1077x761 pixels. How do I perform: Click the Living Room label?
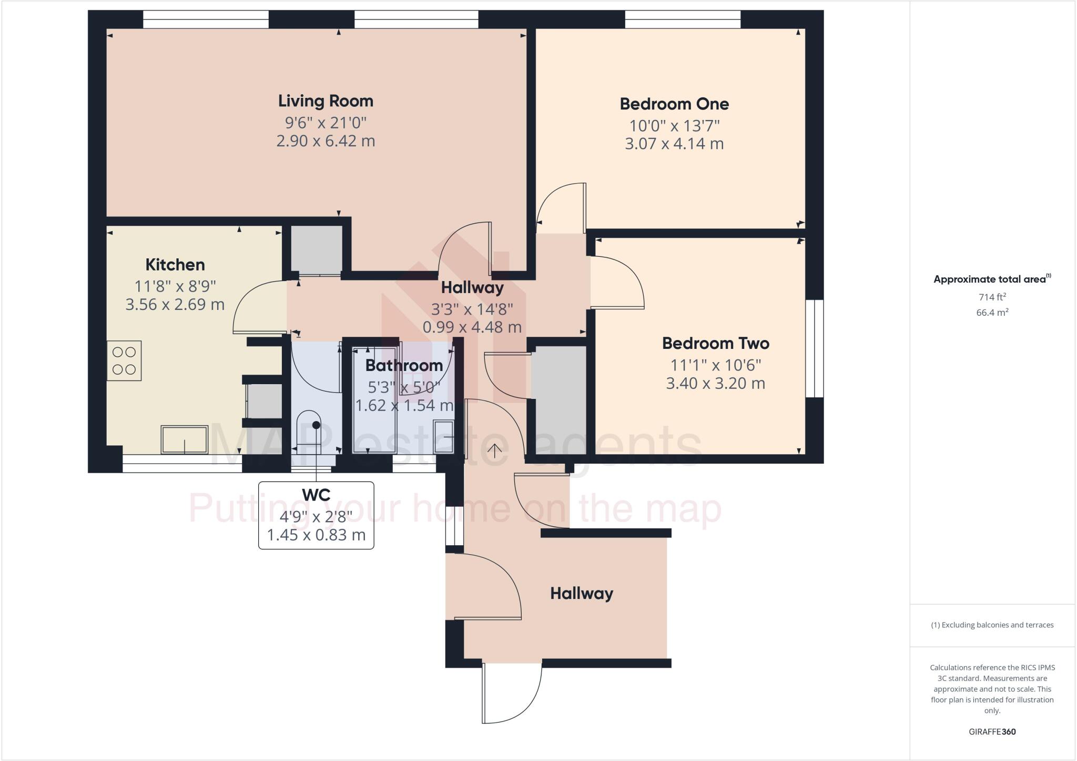coord(326,101)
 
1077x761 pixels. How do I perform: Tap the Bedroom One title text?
coord(674,104)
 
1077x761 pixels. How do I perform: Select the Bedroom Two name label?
coord(715,344)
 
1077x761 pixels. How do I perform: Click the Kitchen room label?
coord(175,265)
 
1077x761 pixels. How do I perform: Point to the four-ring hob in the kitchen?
coord(124,361)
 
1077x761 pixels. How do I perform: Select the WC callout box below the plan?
coord(316,515)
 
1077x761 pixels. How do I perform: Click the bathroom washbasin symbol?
coord(443,436)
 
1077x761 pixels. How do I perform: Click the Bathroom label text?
coord(404,365)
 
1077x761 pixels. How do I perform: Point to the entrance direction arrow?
coord(495,451)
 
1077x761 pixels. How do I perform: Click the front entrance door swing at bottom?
coord(513,694)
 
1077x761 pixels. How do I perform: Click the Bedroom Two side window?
coord(815,348)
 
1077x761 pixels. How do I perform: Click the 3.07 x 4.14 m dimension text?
coord(674,144)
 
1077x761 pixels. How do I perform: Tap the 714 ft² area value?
coord(992,297)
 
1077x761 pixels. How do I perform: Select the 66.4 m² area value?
coord(992,313)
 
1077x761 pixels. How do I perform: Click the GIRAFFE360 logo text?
coord(992,732)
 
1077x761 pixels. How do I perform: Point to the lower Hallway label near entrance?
coord(582,594)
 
